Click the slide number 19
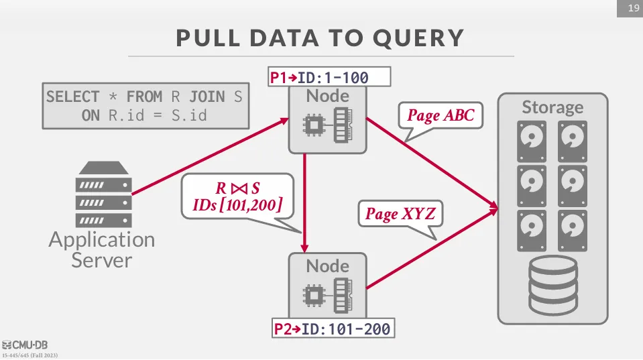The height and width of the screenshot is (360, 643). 631,9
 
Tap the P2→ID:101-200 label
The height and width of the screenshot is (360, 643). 333,329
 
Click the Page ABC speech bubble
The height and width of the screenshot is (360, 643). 441,115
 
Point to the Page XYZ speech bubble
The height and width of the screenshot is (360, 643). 400,214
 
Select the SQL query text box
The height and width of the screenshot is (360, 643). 143,106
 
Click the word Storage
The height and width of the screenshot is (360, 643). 552,107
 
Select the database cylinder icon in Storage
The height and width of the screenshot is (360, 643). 552,286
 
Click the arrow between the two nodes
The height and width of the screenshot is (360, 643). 305,201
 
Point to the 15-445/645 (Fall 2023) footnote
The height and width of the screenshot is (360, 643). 34,354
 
